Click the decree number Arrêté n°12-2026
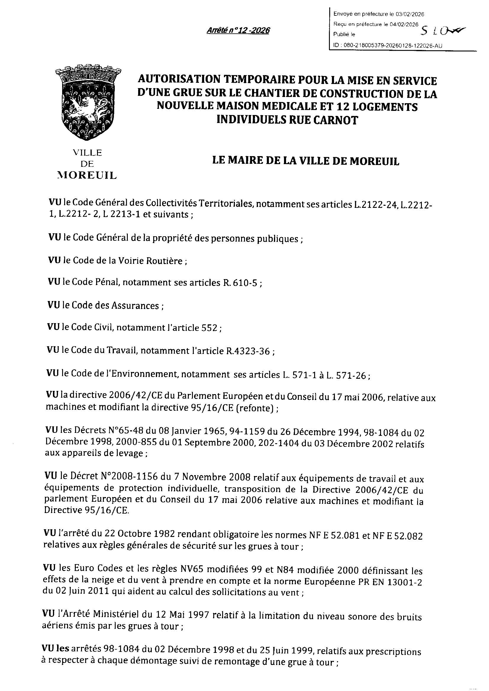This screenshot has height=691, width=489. click(x=238, y=31)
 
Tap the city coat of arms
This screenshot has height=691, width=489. click(x=88, y=102)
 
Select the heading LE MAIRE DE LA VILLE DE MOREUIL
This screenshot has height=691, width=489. click(x=306, y=161)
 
